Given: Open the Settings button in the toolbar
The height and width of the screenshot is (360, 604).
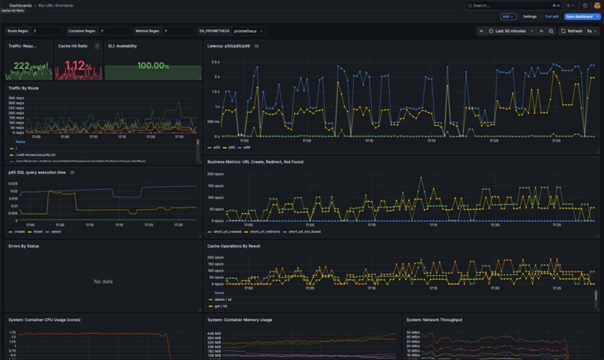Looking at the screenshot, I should point(530,16).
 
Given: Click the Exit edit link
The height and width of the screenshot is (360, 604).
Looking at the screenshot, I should point(552,16).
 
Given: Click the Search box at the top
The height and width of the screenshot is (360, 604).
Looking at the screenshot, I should point(510,5).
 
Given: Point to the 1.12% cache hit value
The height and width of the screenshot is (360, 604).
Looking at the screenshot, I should point(78,66).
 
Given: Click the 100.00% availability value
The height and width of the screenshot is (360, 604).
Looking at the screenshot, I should point(153,66).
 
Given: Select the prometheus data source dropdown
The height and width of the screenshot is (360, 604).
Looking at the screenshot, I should point(248,31).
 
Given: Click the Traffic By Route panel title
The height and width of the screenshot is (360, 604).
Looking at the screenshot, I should point(24,88).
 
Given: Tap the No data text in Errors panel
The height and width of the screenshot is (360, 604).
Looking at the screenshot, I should point(103,281).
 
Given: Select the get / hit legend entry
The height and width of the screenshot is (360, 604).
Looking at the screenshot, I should point(223,306).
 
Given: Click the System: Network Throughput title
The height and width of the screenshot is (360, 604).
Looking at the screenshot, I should point(435,319).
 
